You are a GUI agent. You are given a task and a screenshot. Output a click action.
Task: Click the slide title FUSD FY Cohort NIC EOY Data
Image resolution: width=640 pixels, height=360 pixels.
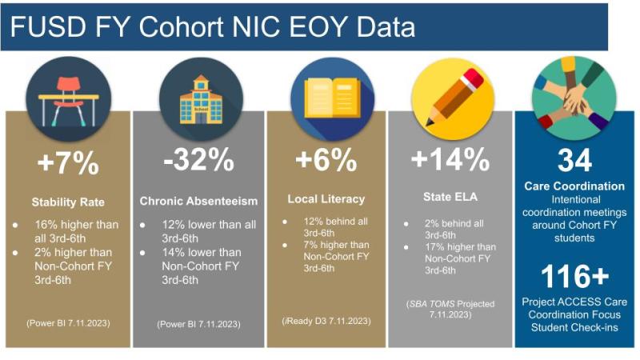[x=212, y=27]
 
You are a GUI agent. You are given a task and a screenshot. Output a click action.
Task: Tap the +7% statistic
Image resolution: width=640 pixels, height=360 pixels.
[x=68, y=163]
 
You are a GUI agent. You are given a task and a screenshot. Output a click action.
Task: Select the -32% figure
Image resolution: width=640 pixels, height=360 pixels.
[x=198, y=159]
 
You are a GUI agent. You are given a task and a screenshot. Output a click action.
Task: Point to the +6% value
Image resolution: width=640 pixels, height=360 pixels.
[x=326, y=159]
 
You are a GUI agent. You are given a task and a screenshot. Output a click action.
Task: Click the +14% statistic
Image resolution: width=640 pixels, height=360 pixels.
[x=450, y=159]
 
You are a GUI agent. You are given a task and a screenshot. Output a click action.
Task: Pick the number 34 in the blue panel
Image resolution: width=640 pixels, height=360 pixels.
[x=574, y=161]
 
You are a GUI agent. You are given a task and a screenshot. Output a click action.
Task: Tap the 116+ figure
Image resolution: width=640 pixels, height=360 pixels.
[x=574, y=276]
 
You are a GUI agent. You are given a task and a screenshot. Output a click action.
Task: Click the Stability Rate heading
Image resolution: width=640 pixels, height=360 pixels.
[x=68, y=202]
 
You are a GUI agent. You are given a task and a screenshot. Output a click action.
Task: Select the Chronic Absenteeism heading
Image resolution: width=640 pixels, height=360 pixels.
[x=198, y=201]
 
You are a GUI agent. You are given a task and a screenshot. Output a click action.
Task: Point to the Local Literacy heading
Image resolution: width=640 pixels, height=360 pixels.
[x=326, y=199]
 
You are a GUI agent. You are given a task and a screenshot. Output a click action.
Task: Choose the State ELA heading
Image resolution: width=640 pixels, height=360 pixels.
[x=450, y=197]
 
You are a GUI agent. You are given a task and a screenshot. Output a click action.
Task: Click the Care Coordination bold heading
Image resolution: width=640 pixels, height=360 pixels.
[x=574, y=186]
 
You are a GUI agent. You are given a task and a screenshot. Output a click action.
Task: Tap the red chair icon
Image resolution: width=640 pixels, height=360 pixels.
[x=69, y=99]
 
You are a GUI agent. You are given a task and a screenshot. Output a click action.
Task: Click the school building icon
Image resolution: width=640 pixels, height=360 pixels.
[x=201, y=99]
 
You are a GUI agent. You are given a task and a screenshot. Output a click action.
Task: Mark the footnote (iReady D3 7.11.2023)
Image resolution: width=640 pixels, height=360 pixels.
[x=326, y=322]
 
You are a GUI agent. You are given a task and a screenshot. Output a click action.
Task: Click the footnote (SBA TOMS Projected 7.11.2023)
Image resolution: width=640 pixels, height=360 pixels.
[x=450, y=310]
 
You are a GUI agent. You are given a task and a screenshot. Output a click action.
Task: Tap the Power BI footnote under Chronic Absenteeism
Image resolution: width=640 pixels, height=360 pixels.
[x=198, y=324]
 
